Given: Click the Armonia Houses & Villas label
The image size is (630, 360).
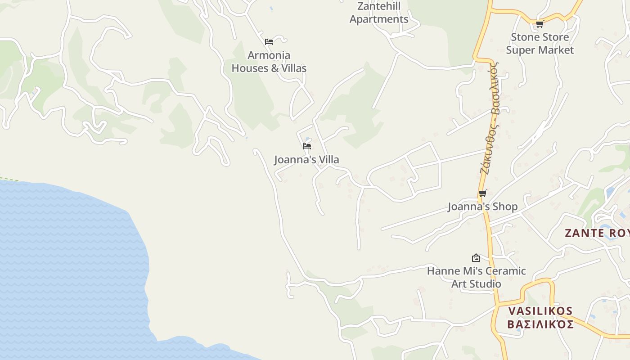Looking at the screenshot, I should pyautogui.click(x=269, y=62).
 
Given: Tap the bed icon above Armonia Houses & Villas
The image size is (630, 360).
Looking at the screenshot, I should pyautogui.click(x=269, y=42).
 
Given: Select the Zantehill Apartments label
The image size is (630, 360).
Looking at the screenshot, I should pyautogui.click(x=379, y=13).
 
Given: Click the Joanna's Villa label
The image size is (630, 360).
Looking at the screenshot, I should pyautogui.click(x=306, y=160).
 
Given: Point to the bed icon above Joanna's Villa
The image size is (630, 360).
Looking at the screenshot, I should pyautogui.click(x=307, y=146).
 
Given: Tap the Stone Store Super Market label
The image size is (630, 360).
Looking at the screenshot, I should pyautogui.click(x=540, y=43).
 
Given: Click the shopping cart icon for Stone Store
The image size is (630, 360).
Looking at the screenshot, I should pyautogui.click(x=540, y=24).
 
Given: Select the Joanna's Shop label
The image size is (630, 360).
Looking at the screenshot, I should pyautogui.click(x=482, y=207).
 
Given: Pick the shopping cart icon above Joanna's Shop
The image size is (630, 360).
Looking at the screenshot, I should pyautogui.click(x=482, y=193).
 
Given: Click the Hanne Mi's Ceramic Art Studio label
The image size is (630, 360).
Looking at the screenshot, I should pyautogui.click(x=476, y=277).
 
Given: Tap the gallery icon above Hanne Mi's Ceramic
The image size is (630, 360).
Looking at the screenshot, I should pyautogui.click(x=476, y=258).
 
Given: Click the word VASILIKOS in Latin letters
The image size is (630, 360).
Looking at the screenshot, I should pyautogui.click(x=540, y=311).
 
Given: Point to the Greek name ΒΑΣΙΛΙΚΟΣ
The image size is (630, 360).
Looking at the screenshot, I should pyautogui.click(x=540, y=324).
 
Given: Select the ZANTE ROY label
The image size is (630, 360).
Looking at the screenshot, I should pyautogui.click(x=597, y=233).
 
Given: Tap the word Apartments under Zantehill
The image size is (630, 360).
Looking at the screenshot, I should pyautogui.click(x=379, y=19).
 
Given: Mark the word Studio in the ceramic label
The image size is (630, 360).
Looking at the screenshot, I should pyautogui.click(x=486, y=284).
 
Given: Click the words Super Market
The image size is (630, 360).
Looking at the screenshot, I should pyautogui.click(x=540, y=50).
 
